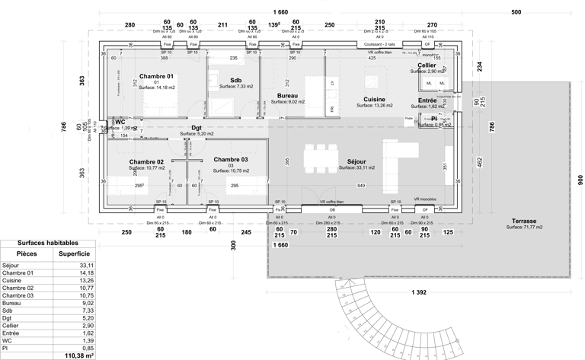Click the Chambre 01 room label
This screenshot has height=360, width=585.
click(x=156, y=77)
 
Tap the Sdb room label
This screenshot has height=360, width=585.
click(x=235, y=80)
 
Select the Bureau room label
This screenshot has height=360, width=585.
click(x=287, y=96)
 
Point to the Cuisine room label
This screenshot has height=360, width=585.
click(x=373, y=100)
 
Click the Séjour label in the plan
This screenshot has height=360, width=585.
click(x=356, y=162)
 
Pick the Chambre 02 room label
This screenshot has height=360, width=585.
click(x=146, y=162)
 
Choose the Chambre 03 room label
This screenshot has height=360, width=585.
click(x=230, y=159)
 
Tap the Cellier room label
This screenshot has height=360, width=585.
click(x=427, y=65)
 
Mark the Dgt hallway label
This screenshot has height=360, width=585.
click(x=197, y=128)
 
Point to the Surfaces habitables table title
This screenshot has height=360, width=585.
click(x=47, y=243)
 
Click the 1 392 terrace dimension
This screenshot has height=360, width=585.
click(x=418, y=292)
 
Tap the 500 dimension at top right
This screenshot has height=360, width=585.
click(x=516, y=12)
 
